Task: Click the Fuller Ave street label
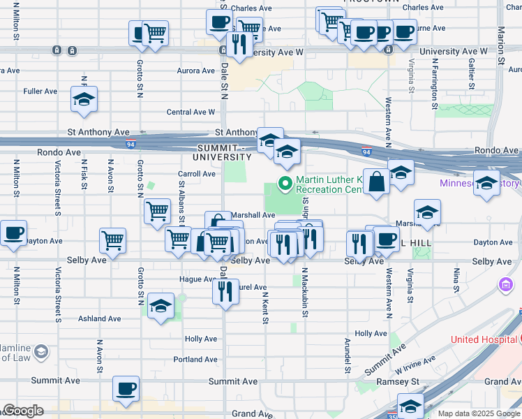(x=40, y=91)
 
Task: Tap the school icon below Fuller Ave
(x=84, y=101)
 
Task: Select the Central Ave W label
(x=191, y=112)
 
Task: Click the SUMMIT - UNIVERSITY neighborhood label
(x=230, y=152)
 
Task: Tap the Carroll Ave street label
(x=197, y=174)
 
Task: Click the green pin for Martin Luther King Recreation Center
(x=285, y=184)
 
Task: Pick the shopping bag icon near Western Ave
(x=376, y=182)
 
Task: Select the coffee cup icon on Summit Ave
(x=126, y=389)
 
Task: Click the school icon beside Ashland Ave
(x=161, y=307)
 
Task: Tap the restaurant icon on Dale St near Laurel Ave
(x=225, y=290)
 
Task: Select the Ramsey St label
(x=403, y=383)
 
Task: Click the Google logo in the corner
(x=24, y=411)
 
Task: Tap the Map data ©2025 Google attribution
(x=478, y=413)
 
